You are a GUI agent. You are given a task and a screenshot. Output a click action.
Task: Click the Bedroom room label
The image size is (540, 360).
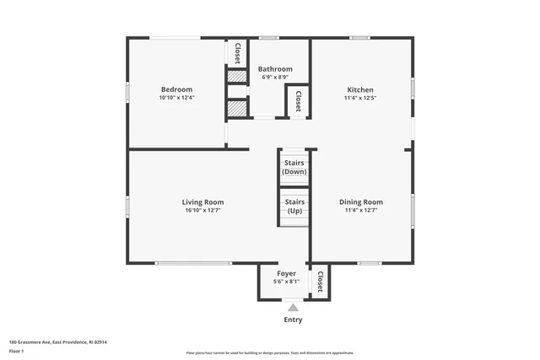[177, 89]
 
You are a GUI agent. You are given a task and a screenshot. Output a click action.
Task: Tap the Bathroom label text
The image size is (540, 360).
[275, 69]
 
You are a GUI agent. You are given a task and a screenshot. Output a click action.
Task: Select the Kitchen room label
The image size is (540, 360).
[360, 89]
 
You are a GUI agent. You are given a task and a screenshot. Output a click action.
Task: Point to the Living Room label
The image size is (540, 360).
[202, 201]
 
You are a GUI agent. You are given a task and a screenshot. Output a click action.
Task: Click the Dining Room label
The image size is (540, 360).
[360, 201]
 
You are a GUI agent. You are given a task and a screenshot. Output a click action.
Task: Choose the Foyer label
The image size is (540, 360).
[287, 274]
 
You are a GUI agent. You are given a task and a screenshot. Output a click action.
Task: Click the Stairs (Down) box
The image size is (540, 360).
[294, 167]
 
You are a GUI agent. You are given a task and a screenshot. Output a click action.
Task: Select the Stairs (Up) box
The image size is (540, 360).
[294, 207]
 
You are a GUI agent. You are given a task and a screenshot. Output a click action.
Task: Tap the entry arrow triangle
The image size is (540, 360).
[293, 309]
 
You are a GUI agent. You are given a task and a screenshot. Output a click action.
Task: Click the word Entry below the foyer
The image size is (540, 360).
[293, 320]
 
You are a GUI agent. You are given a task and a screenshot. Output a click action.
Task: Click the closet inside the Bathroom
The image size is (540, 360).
[298, 103]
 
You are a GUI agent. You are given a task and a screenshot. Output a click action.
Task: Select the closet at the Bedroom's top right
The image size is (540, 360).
[237, 52]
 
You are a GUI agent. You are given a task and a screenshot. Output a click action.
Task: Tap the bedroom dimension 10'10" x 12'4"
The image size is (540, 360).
[177, 98]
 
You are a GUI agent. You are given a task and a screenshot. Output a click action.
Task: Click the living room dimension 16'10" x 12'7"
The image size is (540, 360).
[202, 210]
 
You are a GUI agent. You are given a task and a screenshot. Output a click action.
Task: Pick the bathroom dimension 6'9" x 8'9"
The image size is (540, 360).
[275, 77]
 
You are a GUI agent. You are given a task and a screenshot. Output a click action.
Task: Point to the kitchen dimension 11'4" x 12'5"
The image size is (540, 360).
[360, 98]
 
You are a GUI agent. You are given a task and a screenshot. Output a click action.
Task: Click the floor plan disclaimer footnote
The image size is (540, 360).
[270, 353]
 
